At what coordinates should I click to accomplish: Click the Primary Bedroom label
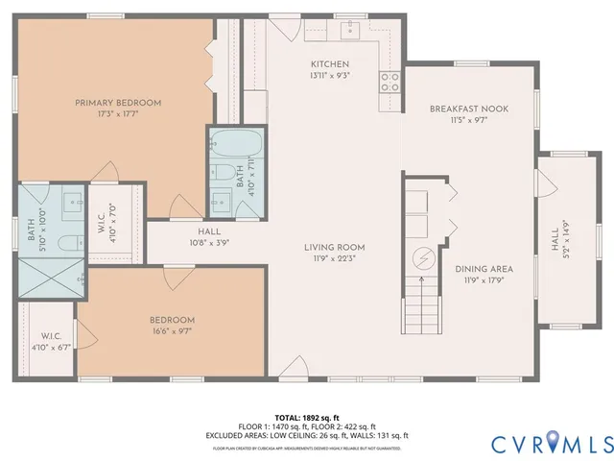(x=118, y=103)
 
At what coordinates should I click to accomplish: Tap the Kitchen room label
(x=328, y=63)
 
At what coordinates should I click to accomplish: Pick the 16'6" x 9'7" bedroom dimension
(x=172, y=332)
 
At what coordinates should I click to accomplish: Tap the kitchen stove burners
(x=390, y=82)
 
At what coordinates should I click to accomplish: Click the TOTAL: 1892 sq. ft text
(x=306, y=418)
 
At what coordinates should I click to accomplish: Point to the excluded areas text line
(x=306, y=435)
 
